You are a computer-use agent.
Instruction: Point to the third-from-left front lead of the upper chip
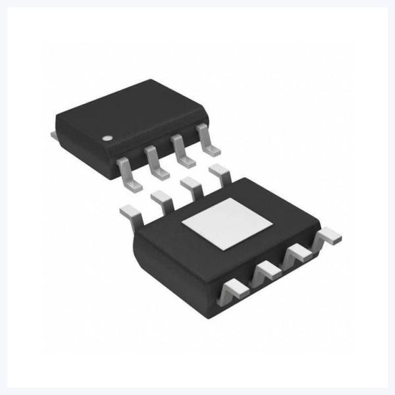coord(181,153)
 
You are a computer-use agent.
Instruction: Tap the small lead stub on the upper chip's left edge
coord(53,134)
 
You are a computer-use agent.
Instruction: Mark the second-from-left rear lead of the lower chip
coord(161,198)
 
